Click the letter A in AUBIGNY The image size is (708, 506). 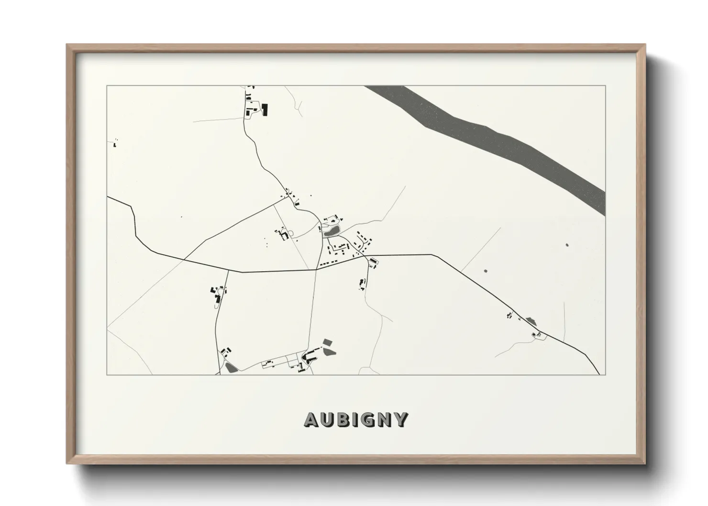click(311, 419)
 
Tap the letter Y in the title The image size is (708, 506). click(401, 419)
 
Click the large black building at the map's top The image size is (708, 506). click(265, 110)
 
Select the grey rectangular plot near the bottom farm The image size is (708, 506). click(327, 342)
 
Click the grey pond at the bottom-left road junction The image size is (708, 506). click(231, 368)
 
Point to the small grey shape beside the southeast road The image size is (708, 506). click(530, 320)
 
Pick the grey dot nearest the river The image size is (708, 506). click(567, 245)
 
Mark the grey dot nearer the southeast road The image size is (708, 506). click(486, 271)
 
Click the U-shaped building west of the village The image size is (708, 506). click(284, 235)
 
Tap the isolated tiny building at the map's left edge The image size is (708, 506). click(115, 143)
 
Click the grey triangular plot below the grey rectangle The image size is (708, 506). click(330, 352)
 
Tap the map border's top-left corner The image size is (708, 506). click(107, 86)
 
